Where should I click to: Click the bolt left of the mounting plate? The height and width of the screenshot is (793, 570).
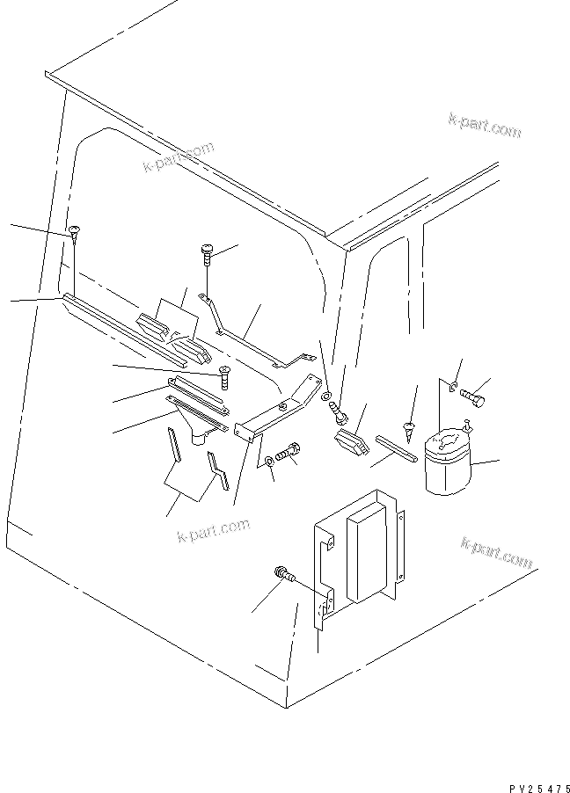pos(283,575)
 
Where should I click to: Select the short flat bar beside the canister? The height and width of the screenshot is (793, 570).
pos(396,446)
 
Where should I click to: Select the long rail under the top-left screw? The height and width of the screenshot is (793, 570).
pos(123,330)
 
